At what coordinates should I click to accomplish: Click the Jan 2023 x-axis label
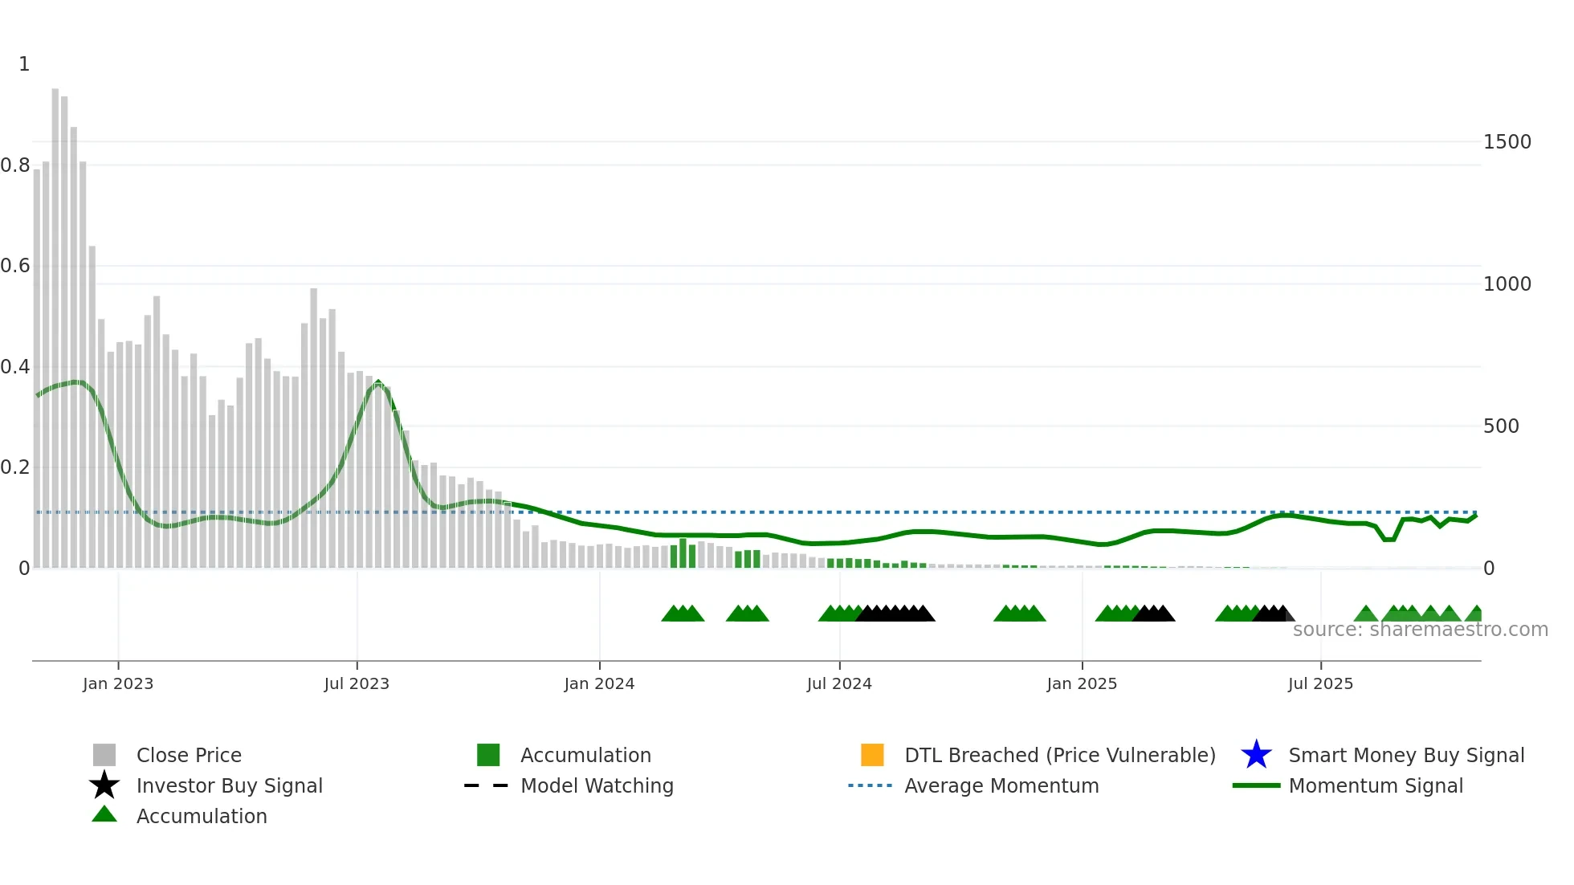click(x=118, y=683)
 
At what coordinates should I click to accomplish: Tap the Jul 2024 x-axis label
click(x=839, y=683)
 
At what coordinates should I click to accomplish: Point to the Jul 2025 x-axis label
click(x=1320, y=683)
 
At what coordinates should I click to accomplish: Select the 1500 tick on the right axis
click(x=1507, y=142)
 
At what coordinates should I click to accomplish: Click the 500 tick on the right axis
click(x=1501, y=426)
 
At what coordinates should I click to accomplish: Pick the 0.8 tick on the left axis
click(x=15, y=165)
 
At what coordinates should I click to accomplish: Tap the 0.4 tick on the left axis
click(x=15, y=367)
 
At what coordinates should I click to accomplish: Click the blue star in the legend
click(x=1256, y=755)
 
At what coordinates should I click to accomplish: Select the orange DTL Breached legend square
click(x=872, y=755)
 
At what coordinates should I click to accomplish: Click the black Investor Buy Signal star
click(x=104, y=785)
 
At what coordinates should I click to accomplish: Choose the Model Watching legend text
click(x=597, y=785)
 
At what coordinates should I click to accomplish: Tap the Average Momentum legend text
click(x=1001, y=785)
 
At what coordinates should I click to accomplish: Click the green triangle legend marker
click(x=104, y=814)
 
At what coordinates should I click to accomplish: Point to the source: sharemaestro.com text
click(x=1420, y=630)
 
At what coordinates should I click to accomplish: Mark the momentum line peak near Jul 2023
click(x=378, y=384)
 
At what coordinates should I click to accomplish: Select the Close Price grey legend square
click(x=104, y=755)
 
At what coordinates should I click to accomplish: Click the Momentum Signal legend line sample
click(x=1256, y=785)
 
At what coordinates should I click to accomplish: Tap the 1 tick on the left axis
click(x=24, y=64)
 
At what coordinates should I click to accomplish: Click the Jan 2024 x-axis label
click(x=599, y=683)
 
